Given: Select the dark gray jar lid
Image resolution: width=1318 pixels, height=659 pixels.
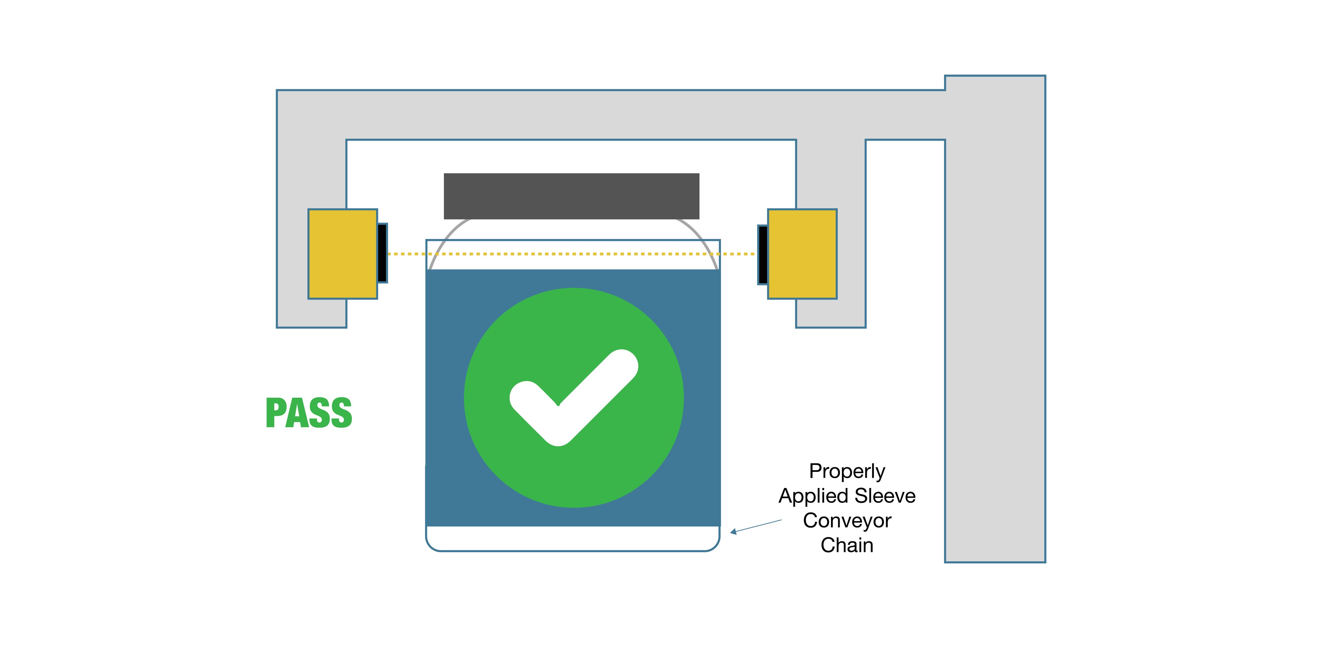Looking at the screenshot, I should point(571,196).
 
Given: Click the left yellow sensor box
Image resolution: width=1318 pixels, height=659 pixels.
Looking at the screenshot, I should point(342,254).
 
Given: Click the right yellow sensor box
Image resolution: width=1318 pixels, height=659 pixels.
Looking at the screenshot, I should point(802,254).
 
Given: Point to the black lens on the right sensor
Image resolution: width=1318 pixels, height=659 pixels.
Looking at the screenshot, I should point(763,254).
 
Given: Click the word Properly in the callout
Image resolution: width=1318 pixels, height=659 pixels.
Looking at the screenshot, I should point(847,471).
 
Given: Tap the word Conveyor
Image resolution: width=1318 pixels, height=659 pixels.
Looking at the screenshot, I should point(847,520).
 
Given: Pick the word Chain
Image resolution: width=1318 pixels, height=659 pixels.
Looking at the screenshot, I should point(847,545).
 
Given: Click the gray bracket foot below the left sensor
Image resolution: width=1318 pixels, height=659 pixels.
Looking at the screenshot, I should point(312,313).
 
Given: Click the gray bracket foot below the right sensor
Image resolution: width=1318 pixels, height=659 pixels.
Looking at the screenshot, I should point(830,313).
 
